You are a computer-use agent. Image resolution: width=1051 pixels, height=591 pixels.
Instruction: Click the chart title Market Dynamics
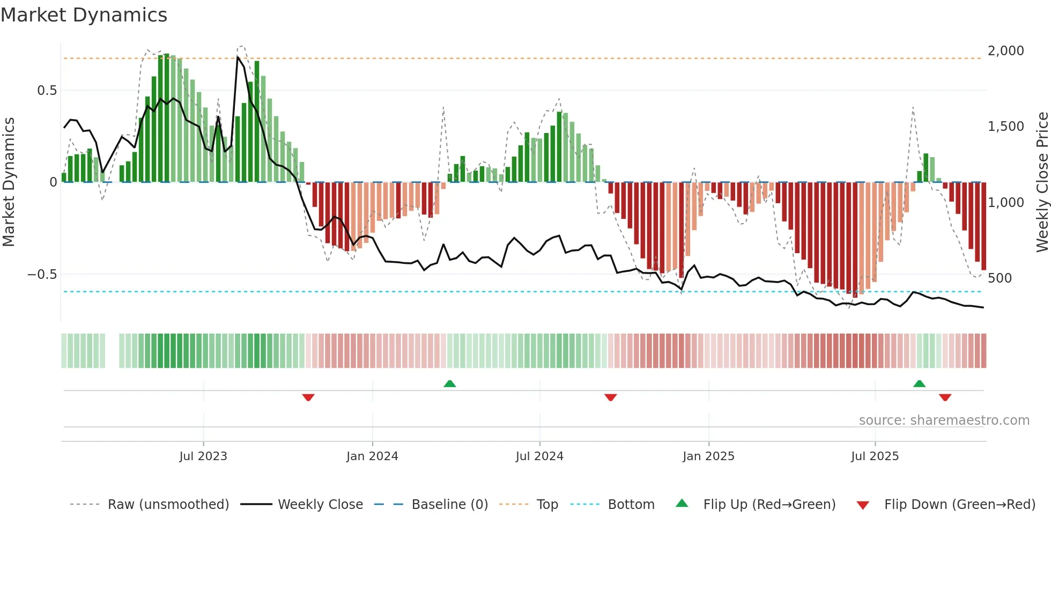tap(84, 15)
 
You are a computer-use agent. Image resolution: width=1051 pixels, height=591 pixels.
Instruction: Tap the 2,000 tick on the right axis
tap(1005, 51)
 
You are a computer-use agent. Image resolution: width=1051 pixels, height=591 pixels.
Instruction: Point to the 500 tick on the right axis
tap(1000, 278)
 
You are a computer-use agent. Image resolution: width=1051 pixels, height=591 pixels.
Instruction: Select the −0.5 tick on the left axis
tap(42, 275)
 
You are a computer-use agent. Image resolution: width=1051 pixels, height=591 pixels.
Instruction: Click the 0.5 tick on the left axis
tap(47, 91)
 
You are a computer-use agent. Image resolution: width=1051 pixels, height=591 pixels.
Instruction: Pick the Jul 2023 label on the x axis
tap(203, 456)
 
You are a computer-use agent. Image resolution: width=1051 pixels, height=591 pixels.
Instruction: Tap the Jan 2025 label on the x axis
tap(708, 456)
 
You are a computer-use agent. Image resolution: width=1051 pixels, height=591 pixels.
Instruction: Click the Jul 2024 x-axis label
tap(539, 456)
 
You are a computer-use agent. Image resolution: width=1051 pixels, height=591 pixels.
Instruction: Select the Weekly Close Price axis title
tap(1042, 182)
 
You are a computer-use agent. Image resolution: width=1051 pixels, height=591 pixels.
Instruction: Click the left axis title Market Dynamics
tap(9, 182)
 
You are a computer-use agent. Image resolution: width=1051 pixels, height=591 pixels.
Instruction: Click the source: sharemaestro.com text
tap(944, 420)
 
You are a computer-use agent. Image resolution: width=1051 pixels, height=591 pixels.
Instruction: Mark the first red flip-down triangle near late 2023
tap(308, 397)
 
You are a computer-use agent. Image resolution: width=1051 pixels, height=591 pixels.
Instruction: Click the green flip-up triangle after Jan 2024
tap(450, 383)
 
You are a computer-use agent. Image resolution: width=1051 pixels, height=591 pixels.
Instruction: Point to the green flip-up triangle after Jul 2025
tap(919, 383)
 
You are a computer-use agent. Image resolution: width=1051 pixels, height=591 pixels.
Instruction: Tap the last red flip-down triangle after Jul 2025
tap(945, 397)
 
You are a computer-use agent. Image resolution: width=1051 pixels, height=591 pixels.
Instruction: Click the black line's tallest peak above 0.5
tap(238, 57)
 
